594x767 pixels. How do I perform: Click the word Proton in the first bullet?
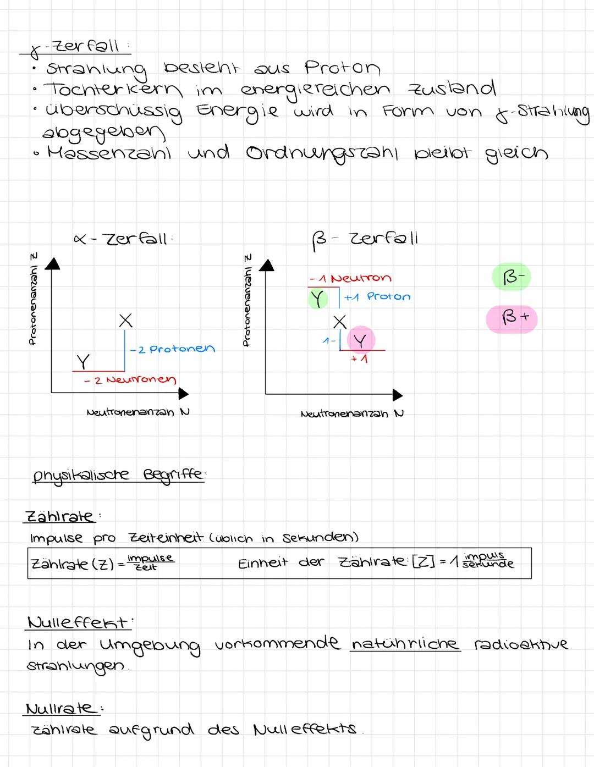(x=342, y=68)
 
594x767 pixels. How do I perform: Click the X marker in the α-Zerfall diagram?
(x=125, y=321)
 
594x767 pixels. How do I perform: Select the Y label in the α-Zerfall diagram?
(x=83, y=362)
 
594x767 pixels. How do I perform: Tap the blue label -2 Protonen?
(x=172, y=349)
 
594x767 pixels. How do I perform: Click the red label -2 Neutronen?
(x=130, y=380)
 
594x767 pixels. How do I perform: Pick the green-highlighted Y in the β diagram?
(x=317, y=299)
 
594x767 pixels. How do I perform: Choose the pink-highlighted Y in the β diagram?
(x=360, y=340)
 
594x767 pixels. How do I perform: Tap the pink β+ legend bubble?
(x=511, y=319)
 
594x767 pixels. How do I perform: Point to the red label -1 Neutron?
(x=350, y=279)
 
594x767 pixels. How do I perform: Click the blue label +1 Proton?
(x=377, y=297)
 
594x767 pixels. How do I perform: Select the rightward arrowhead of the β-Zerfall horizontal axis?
(x=397, y=395)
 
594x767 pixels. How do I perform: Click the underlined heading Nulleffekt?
(x=78, y=623)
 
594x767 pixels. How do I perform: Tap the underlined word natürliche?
(x=404, y=643)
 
